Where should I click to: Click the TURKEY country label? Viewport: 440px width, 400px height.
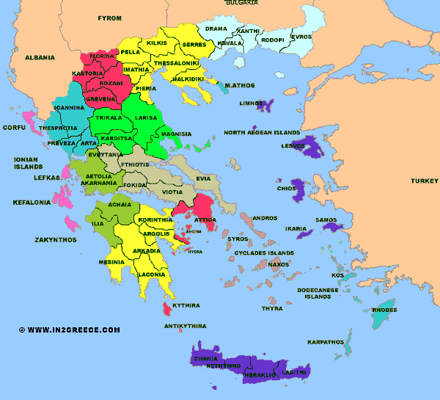coord(423,181)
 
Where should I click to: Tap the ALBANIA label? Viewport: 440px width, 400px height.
coord(40,57)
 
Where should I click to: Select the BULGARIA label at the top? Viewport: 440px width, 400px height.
coord(241,3)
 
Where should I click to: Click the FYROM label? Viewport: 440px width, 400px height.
coord(110,17)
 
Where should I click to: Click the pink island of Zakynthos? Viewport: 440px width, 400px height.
coord(72,222)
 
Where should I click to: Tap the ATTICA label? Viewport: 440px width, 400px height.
coord(204,219)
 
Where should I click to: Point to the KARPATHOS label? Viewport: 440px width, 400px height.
coord(326,342)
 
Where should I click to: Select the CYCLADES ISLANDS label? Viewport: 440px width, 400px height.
coord(264,252)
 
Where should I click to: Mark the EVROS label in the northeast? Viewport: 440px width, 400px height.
coord(301,37)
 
